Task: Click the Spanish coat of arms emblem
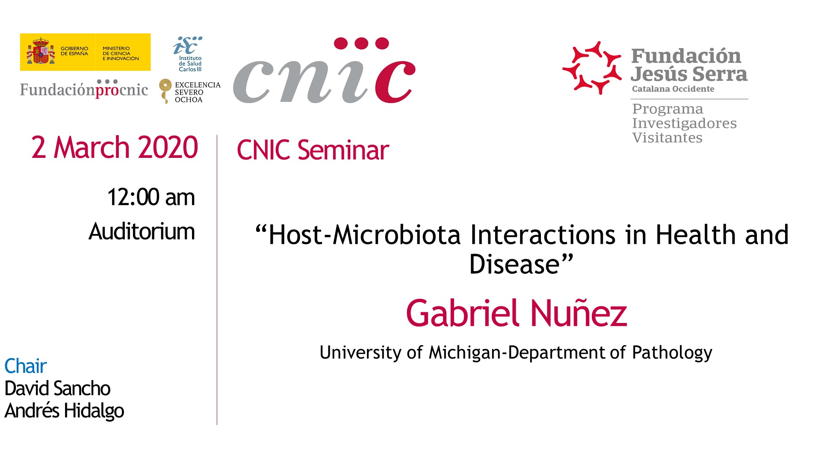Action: coord(41,51)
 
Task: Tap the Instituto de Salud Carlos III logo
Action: coord(189,54)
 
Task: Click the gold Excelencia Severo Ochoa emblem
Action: coord(165,91)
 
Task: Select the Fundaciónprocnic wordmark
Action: coord(84,89)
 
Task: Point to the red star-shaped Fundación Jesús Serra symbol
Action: coord(592,68)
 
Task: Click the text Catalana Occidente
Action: coord(673,89)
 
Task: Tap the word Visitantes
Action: coord(667,138)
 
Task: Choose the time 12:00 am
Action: coord(151,197)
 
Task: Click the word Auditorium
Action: coord(142,231)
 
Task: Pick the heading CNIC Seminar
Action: coord(313,150)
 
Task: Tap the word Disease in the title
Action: coord(514,264)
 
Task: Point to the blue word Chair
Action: coord(25,366)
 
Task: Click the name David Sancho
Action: coord(57,388)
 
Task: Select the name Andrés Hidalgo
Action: coord(64,411)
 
